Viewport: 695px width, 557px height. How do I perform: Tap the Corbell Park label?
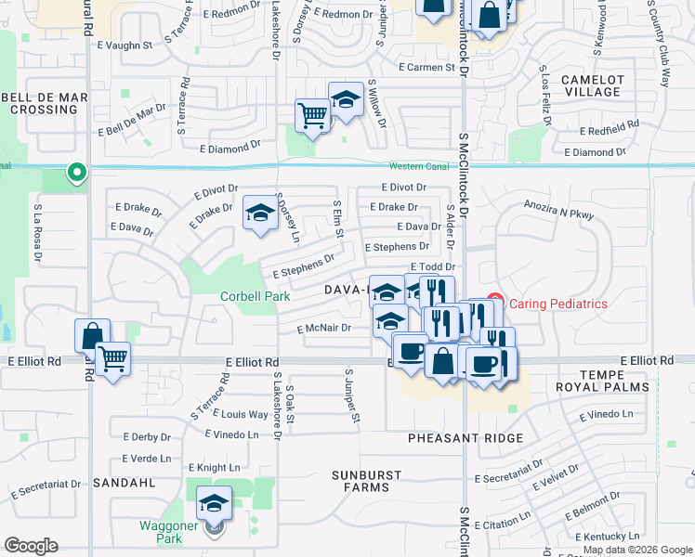coord(255,297)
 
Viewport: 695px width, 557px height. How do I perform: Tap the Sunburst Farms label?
coord(367,481)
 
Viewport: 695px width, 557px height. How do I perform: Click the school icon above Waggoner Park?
coord(215,503)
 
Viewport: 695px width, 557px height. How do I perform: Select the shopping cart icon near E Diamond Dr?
coord(313,116)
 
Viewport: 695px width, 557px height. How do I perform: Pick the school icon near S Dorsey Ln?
coord(260,213)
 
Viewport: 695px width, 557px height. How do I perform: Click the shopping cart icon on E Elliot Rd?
coord(113,357)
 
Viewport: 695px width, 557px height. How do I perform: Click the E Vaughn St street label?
coord(122,45)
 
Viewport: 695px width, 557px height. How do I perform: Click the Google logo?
coord(32,546)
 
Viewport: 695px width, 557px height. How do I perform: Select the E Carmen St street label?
coord(426,68)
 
